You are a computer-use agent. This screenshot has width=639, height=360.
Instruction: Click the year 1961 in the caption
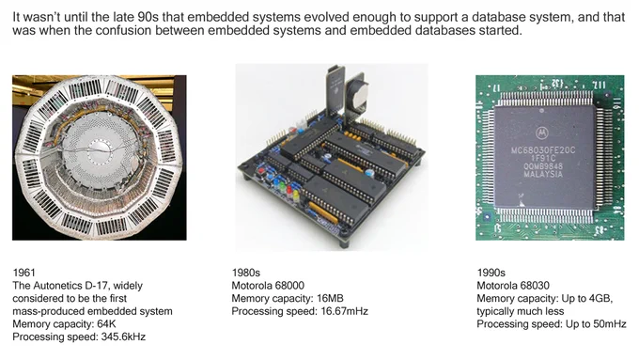[24, 273]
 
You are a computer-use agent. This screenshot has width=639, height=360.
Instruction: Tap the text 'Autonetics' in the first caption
[57, 286]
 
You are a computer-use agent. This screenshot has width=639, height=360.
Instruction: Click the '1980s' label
[246, 273]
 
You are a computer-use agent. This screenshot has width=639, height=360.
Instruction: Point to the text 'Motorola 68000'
[268, 286]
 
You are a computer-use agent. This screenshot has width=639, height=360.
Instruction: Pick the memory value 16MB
[330, 299]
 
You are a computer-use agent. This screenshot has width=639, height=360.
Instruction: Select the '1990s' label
[491, 273]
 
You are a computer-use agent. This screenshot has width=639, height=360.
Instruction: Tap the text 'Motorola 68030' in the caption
[513, 286]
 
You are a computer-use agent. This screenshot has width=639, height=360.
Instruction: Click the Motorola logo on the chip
[541, 133]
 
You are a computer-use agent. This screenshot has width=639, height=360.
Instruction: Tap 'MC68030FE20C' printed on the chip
[543, 150]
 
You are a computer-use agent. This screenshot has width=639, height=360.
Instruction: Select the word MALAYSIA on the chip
[543, 175]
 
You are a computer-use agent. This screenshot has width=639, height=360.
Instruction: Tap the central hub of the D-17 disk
[99, 148]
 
